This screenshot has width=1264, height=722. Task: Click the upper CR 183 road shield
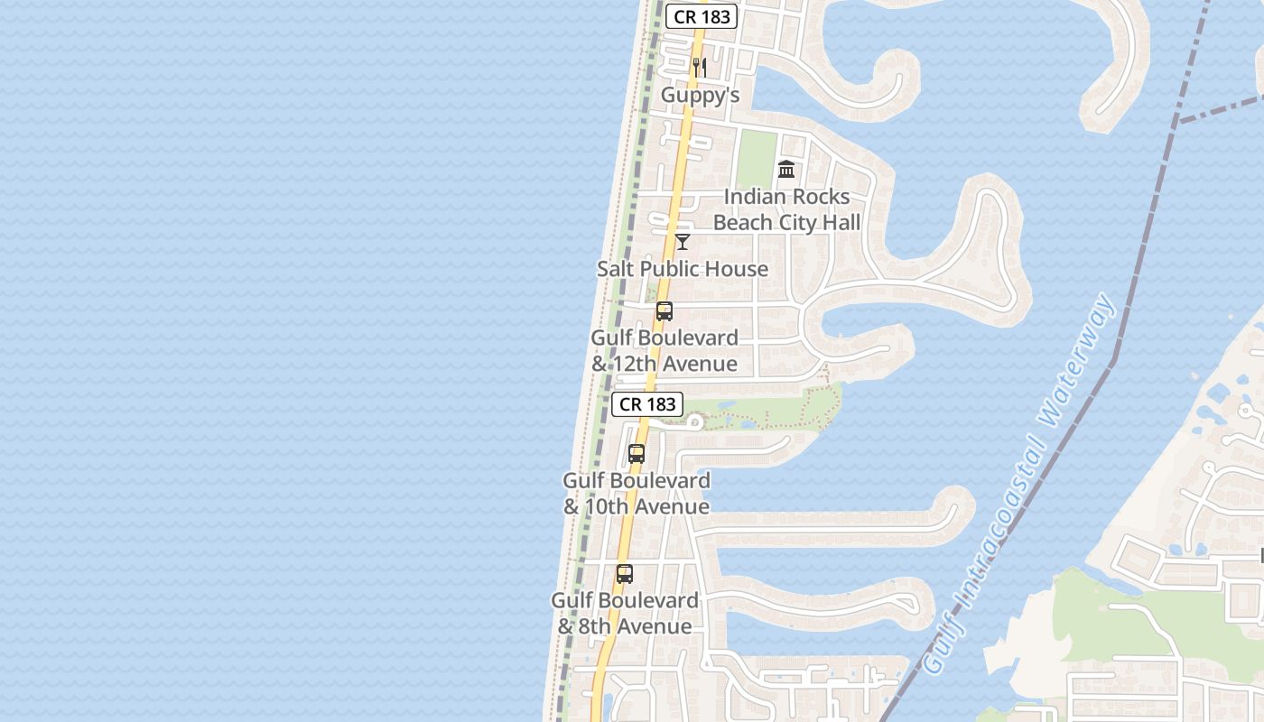702,16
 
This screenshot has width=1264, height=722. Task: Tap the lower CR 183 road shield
647,404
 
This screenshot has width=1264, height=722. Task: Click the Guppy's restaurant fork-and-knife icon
699,68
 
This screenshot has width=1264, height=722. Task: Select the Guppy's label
700,95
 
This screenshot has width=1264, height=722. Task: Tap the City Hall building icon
786,169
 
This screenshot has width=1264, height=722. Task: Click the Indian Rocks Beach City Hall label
786,209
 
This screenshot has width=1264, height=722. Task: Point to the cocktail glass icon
683,241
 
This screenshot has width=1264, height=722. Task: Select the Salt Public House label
683,269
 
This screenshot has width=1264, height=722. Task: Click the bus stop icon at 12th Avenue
665,311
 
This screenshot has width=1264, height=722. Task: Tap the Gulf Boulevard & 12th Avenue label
665,350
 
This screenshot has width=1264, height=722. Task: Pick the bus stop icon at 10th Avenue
637,454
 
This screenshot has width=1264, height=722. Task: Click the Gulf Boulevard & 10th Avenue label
637,494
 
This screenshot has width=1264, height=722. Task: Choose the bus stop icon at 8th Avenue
624,573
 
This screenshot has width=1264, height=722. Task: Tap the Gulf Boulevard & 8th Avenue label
625,613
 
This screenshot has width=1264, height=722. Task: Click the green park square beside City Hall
756,159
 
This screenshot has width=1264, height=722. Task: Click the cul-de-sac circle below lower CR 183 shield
694,421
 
